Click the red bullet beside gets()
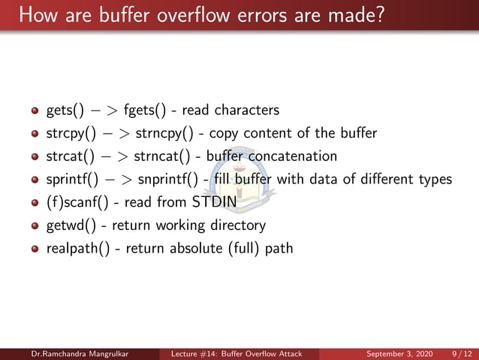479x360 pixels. click(34, 111)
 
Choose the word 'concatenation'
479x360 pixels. click(291, 156)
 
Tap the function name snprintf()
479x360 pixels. click(170, 180)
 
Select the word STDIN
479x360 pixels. click(214, 202)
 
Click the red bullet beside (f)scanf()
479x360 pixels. click(34, 203)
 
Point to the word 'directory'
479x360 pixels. click(233, 225)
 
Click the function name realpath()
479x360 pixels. click(77, 248)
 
